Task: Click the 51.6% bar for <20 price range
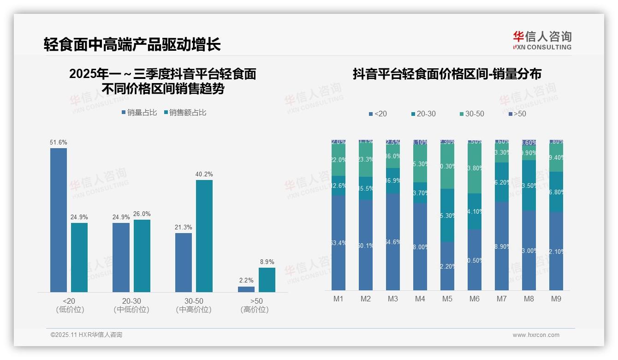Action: click(x=59, y=220)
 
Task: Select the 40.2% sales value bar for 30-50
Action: click(x=204, y=236)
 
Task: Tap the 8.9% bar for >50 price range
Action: click(x=267, y=280)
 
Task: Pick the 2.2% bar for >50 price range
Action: click(x=246, y=289)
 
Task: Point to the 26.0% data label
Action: click(x=142, y=214)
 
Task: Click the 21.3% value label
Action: click(x=184, y=228)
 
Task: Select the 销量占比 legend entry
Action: click(x=139, y=113)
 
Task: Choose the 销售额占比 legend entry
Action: click(x=185, y=113)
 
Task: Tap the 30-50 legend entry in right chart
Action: click(x=472, y=114)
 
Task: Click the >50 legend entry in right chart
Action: click(x=517, y=114)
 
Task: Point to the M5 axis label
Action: click(x=447, y=299)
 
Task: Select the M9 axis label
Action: click(x=556, y=299)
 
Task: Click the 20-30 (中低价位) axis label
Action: click(x=131, y=305)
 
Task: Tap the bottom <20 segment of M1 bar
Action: click(x=338, y=243)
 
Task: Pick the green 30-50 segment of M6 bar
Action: click(x=474, y=168)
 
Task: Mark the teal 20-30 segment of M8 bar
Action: click(x=529, y=186)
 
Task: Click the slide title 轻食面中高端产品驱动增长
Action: click(x=132, y=44)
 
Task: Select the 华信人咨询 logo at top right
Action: click(x=542, y=40)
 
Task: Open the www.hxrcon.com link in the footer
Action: click(x=536, y=335)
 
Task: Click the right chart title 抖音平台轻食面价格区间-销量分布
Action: click(x=447, y=74)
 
